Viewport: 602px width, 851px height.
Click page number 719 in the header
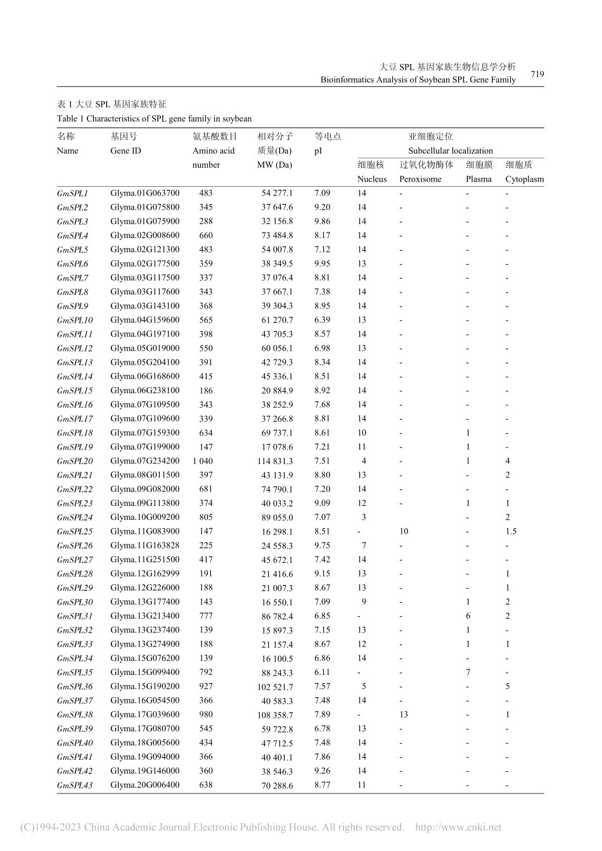tap(537, 74)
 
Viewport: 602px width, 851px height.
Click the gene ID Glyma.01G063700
tap(144, 193)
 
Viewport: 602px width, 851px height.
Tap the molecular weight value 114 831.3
tap(274, 462)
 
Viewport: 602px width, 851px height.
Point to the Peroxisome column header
tap(419, 179)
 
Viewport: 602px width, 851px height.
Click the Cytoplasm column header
tap(524, 179)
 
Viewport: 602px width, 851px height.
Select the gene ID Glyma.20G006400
tap(144, 785)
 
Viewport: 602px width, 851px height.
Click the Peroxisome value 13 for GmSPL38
tap(404, 714)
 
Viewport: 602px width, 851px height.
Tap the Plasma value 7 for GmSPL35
tap(468, 672)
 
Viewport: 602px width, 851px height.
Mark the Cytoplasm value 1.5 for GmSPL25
tap(511, 531)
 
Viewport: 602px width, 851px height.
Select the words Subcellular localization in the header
tap(450, 151)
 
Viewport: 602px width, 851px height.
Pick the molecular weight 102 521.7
tap(274, 687)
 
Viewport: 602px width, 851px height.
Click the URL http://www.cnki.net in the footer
tap(458, 827)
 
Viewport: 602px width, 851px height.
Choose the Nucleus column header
tap(372, 179)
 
